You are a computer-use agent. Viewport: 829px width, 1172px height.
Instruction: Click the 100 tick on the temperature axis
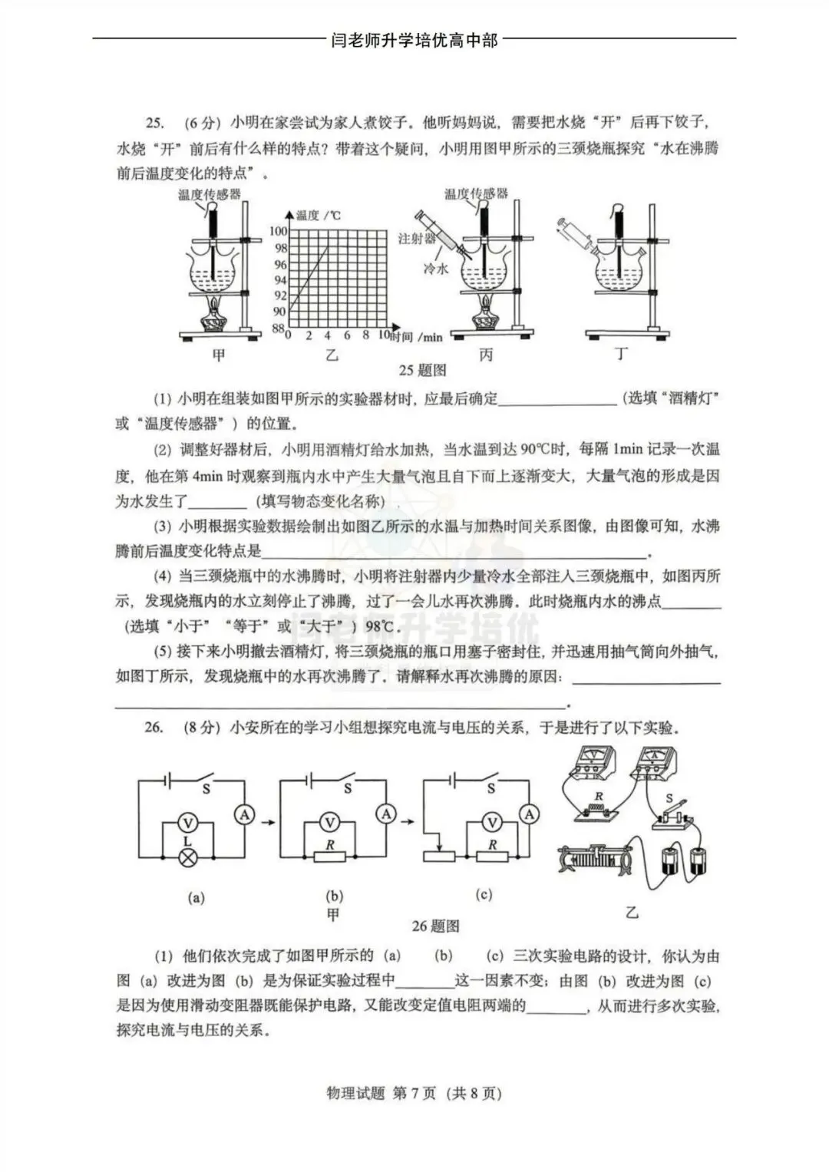tap(278, 231)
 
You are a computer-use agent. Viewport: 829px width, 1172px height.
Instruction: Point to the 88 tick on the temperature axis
tap(279, 328)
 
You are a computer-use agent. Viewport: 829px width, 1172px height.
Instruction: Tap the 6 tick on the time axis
tap(347, 335)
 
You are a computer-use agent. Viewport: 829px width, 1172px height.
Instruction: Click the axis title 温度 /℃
tap(318, 216)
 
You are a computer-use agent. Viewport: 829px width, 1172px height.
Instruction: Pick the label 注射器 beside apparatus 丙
tap(417, 239)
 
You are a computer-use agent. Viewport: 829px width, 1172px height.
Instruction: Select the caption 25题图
tap(422, 371)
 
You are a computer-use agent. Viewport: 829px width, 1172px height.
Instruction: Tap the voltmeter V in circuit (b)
tap(330, 823)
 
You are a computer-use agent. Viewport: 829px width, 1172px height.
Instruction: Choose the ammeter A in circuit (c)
tap(529, 814)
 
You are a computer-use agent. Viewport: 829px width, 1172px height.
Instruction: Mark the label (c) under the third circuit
tap(484, 894)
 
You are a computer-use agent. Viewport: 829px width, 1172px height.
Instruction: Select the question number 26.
tap(154, 728)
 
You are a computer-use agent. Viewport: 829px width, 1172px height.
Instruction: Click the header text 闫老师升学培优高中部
tap(414, 40)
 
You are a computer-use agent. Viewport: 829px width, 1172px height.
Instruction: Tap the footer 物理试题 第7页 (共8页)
tap(414, 1094)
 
